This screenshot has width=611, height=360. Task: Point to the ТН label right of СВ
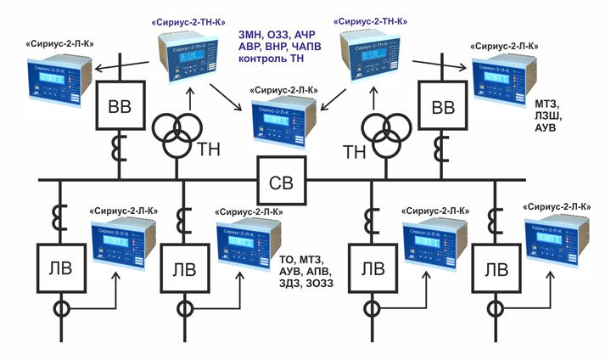pyautogui.click(x=354, y=149)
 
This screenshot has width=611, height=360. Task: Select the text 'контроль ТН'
pyautogui.click(x=272, y=62)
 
